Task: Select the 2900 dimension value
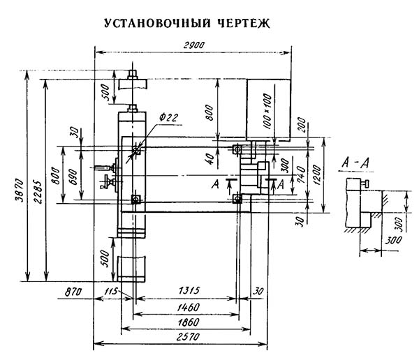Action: pos(193,45)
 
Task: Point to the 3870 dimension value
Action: pos(20,191)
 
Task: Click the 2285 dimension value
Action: pos(38,193)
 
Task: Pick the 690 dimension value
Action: pos(73,177)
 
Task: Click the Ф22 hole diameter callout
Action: pos(168,117)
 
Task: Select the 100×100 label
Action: pos(267,112)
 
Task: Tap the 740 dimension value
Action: pos(302,174)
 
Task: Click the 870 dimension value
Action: pos(73,292)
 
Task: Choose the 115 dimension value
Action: pos(111,291)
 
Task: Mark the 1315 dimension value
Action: pos(189,290)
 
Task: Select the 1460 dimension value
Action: pos(189,308)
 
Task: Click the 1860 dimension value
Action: pos(189,322)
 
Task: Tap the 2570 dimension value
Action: pos(188,337)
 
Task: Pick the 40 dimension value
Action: pos(211,159)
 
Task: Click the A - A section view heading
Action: pos(355,163)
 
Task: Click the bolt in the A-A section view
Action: pos(365,183)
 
